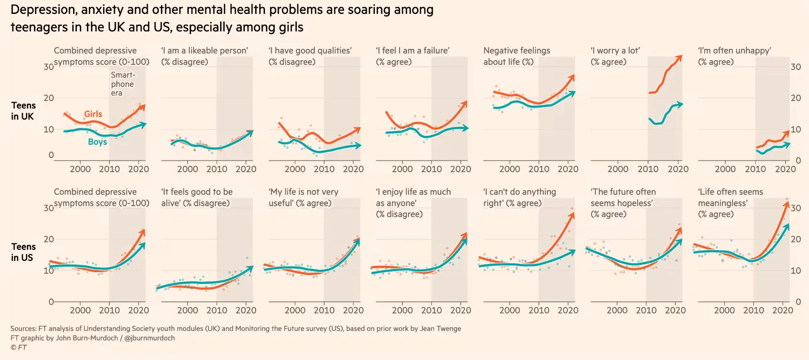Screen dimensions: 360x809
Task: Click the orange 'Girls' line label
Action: pos(93,114)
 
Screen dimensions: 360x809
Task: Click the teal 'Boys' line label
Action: pos(97,142)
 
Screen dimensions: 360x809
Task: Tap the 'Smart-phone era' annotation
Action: pos(122,84)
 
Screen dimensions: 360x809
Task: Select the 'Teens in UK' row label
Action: pos(23,111)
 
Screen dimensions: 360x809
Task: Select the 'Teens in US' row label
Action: pos(23,252)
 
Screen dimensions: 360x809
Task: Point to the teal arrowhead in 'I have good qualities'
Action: pos(358,145)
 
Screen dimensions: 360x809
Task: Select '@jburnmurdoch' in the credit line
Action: pos(149,338)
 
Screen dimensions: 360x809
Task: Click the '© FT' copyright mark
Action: pos(19,347)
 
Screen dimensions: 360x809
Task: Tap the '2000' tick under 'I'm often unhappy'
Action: pos(725,169)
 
